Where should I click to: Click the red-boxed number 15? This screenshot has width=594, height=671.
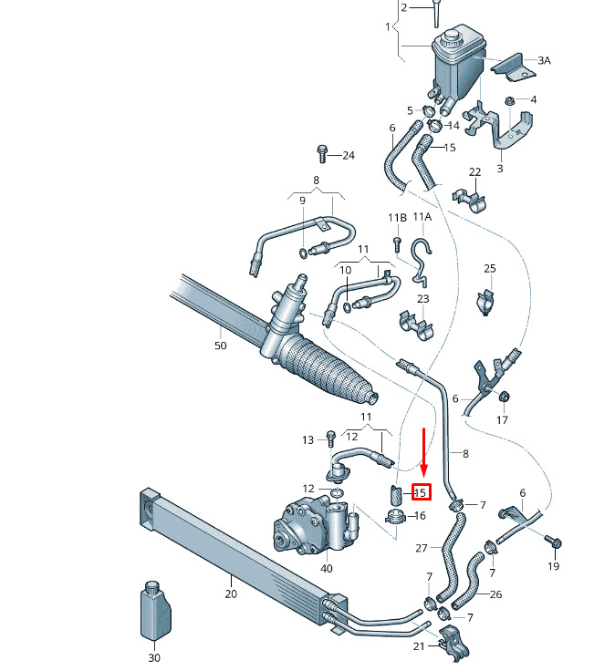pos(421,492)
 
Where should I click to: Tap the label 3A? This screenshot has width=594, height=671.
pos(544,61)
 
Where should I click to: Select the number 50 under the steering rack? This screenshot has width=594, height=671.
pos(220,346)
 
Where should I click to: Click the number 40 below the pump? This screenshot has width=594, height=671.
pos(327,568)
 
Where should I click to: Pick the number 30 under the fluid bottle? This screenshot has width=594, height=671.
pos(154,657)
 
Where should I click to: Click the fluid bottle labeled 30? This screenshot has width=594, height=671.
pos(155,610)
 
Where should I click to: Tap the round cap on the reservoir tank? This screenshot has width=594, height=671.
pos(452,36)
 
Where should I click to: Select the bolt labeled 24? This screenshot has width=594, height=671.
pos(322,154)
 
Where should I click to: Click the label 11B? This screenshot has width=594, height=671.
pos(397,218)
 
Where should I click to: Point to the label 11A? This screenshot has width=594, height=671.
pos(422,217)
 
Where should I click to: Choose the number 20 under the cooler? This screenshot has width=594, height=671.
pos(231,594)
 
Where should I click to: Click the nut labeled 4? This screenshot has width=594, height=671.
pos(510,101)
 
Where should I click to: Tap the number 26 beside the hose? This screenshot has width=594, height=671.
pos(495,594)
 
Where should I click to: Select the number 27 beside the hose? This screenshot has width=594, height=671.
pos(422,548)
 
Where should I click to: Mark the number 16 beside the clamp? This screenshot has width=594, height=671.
pos(420,516)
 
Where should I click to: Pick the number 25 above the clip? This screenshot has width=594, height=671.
pos(489,268)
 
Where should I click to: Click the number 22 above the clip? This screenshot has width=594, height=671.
pos(475,171)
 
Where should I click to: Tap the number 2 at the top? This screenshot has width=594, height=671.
pos(404,7)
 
